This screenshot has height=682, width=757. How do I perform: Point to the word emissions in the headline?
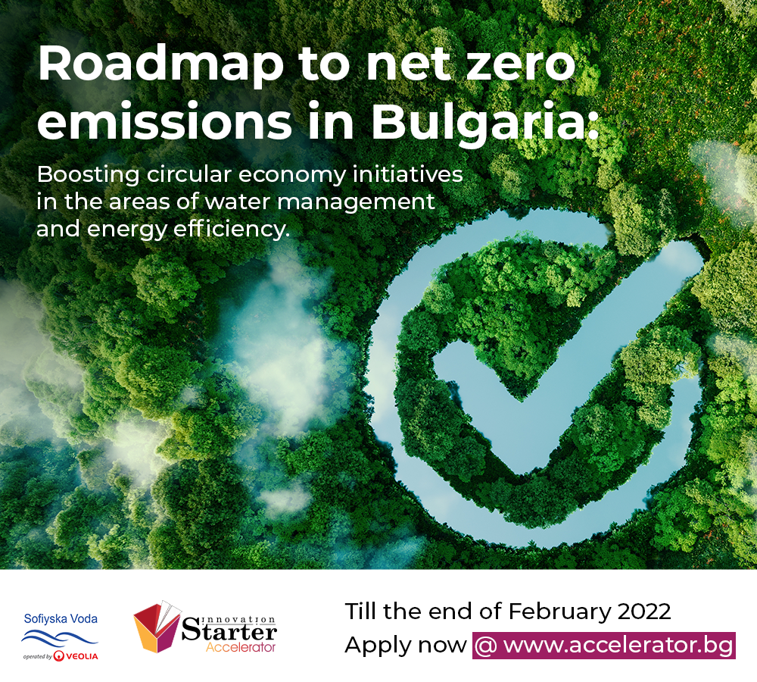(164, 120)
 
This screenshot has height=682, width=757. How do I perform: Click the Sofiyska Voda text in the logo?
(61, 619)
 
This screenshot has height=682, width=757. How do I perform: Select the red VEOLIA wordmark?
(81, 656)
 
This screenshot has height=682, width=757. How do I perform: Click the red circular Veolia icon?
(59, 656)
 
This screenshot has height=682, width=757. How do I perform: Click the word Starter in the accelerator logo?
(229, 632)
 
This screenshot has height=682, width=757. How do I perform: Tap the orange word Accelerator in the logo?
(241, 647)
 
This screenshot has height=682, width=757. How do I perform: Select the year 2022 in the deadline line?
(644, 612)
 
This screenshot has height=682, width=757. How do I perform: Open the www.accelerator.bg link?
(618, 646)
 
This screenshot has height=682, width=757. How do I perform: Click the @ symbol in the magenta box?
(486, 646)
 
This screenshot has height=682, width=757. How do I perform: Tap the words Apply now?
(406, 646)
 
